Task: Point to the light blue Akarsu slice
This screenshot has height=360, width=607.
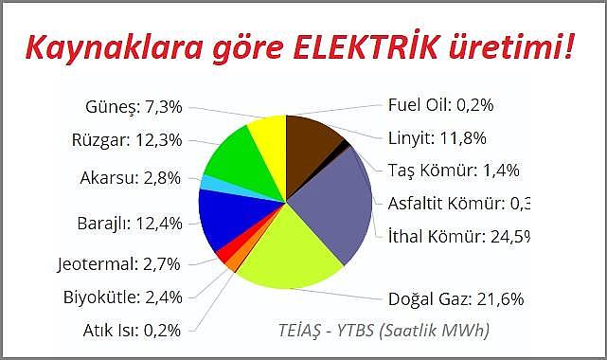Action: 207,182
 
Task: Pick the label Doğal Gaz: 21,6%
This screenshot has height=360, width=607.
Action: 456,299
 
